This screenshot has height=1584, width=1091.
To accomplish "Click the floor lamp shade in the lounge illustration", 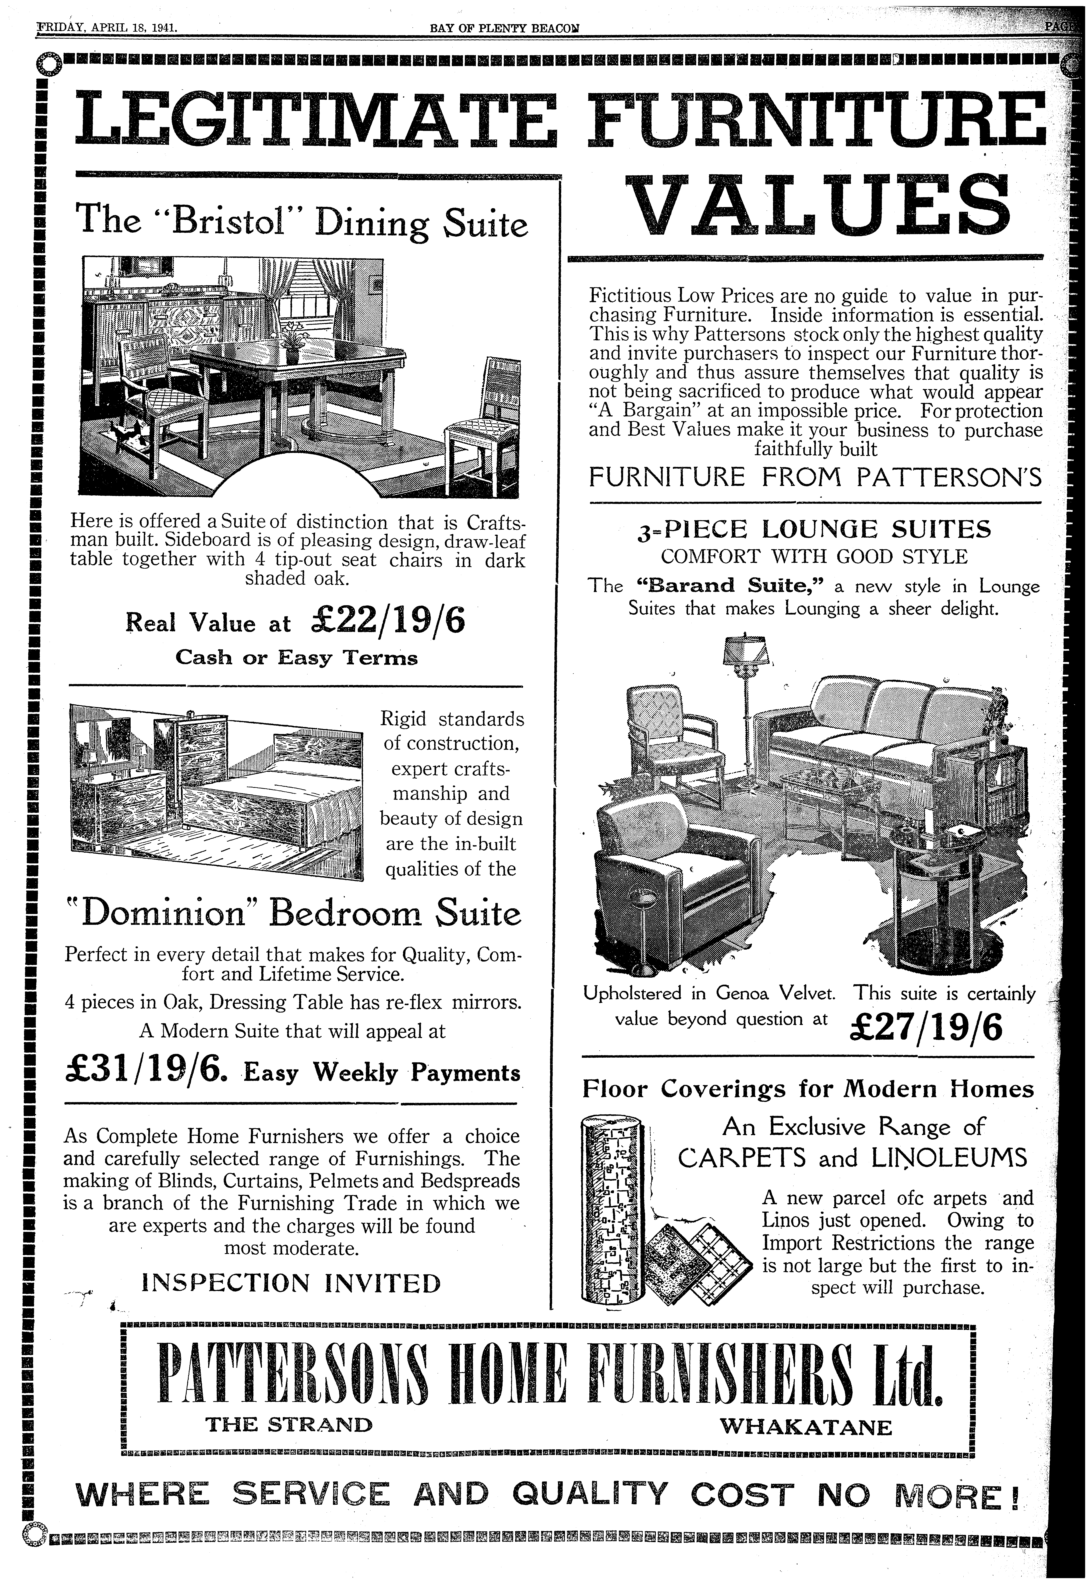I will pos(745,650).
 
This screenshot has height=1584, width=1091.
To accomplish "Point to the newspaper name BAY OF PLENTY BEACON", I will pos(504,29).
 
